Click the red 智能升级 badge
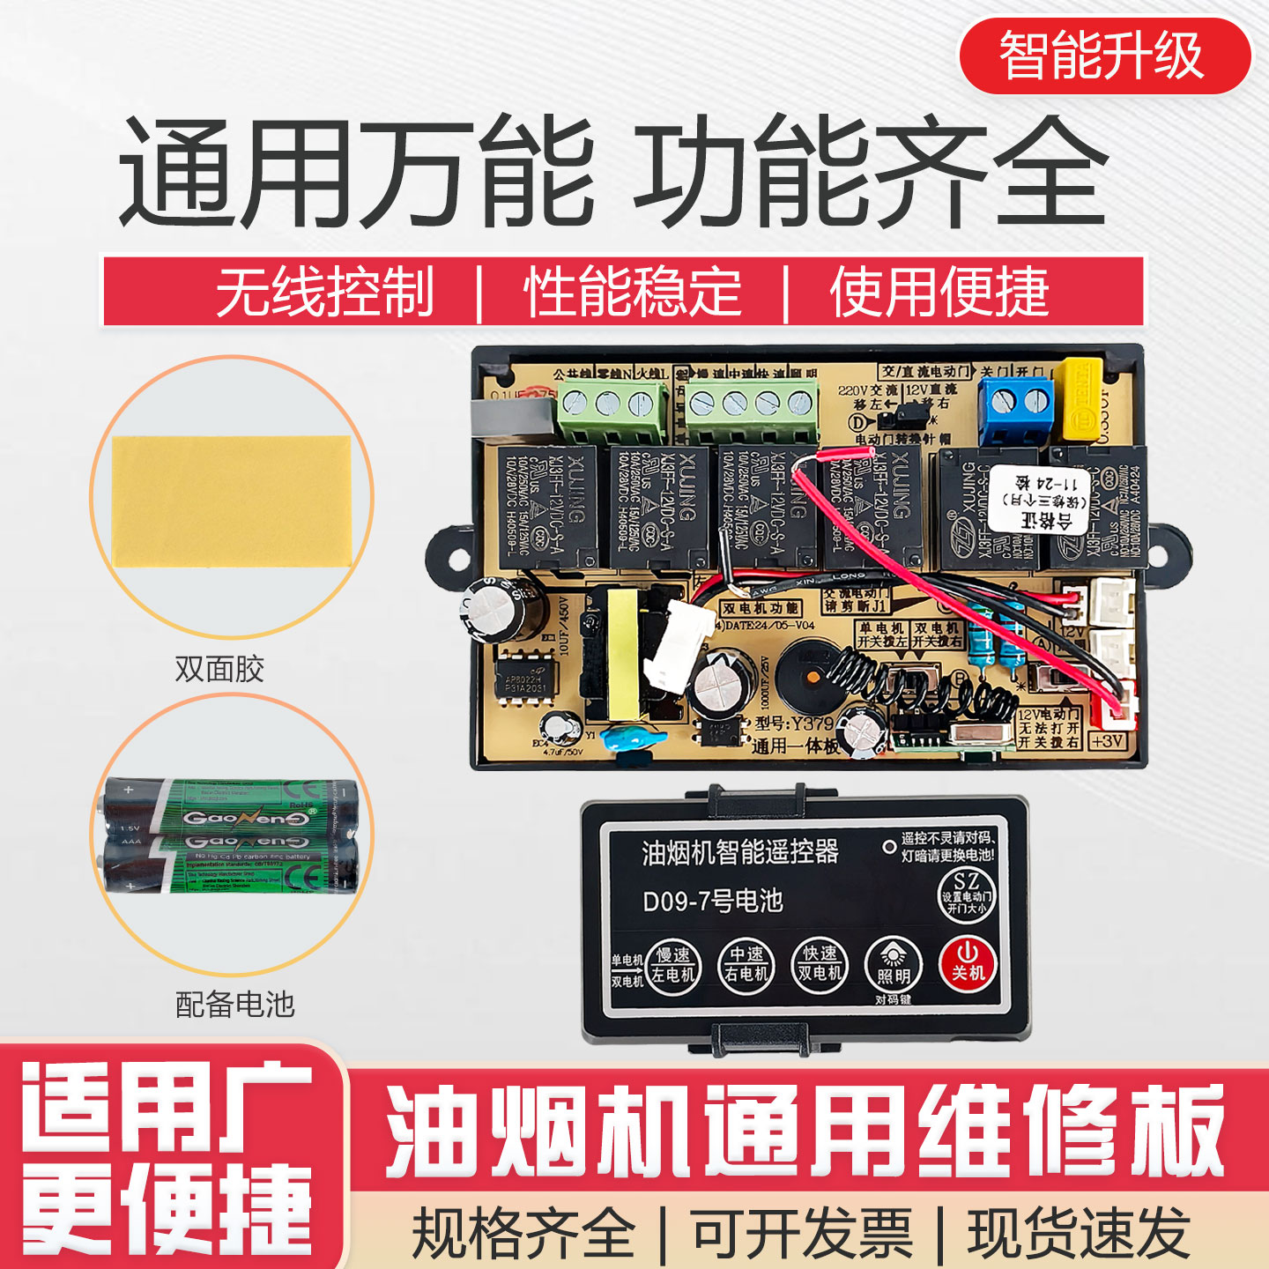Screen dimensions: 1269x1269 [x=1104, y=56]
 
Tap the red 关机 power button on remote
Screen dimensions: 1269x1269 [x=967, y=963]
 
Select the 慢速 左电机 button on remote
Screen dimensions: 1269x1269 [x=673, y=966]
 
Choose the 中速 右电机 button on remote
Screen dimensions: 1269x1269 [x=746, y=965]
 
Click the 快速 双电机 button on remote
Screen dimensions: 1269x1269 [x=820, y=965]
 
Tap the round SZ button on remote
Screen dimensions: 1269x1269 [x=966, y=894]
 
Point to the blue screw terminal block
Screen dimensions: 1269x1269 [x=1016, y=408]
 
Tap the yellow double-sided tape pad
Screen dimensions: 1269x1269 [x=231, y=501]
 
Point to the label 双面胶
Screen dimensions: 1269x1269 [x=219, y=669]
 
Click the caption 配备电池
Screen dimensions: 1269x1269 [x=234, y=1004]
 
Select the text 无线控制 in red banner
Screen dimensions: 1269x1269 [x=325, y=293]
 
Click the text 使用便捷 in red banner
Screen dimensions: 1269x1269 [x=939, y=293]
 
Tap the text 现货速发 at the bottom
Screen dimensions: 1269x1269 [x=1079, y=1233]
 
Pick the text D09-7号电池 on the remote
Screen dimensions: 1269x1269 [x=712, y=901]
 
